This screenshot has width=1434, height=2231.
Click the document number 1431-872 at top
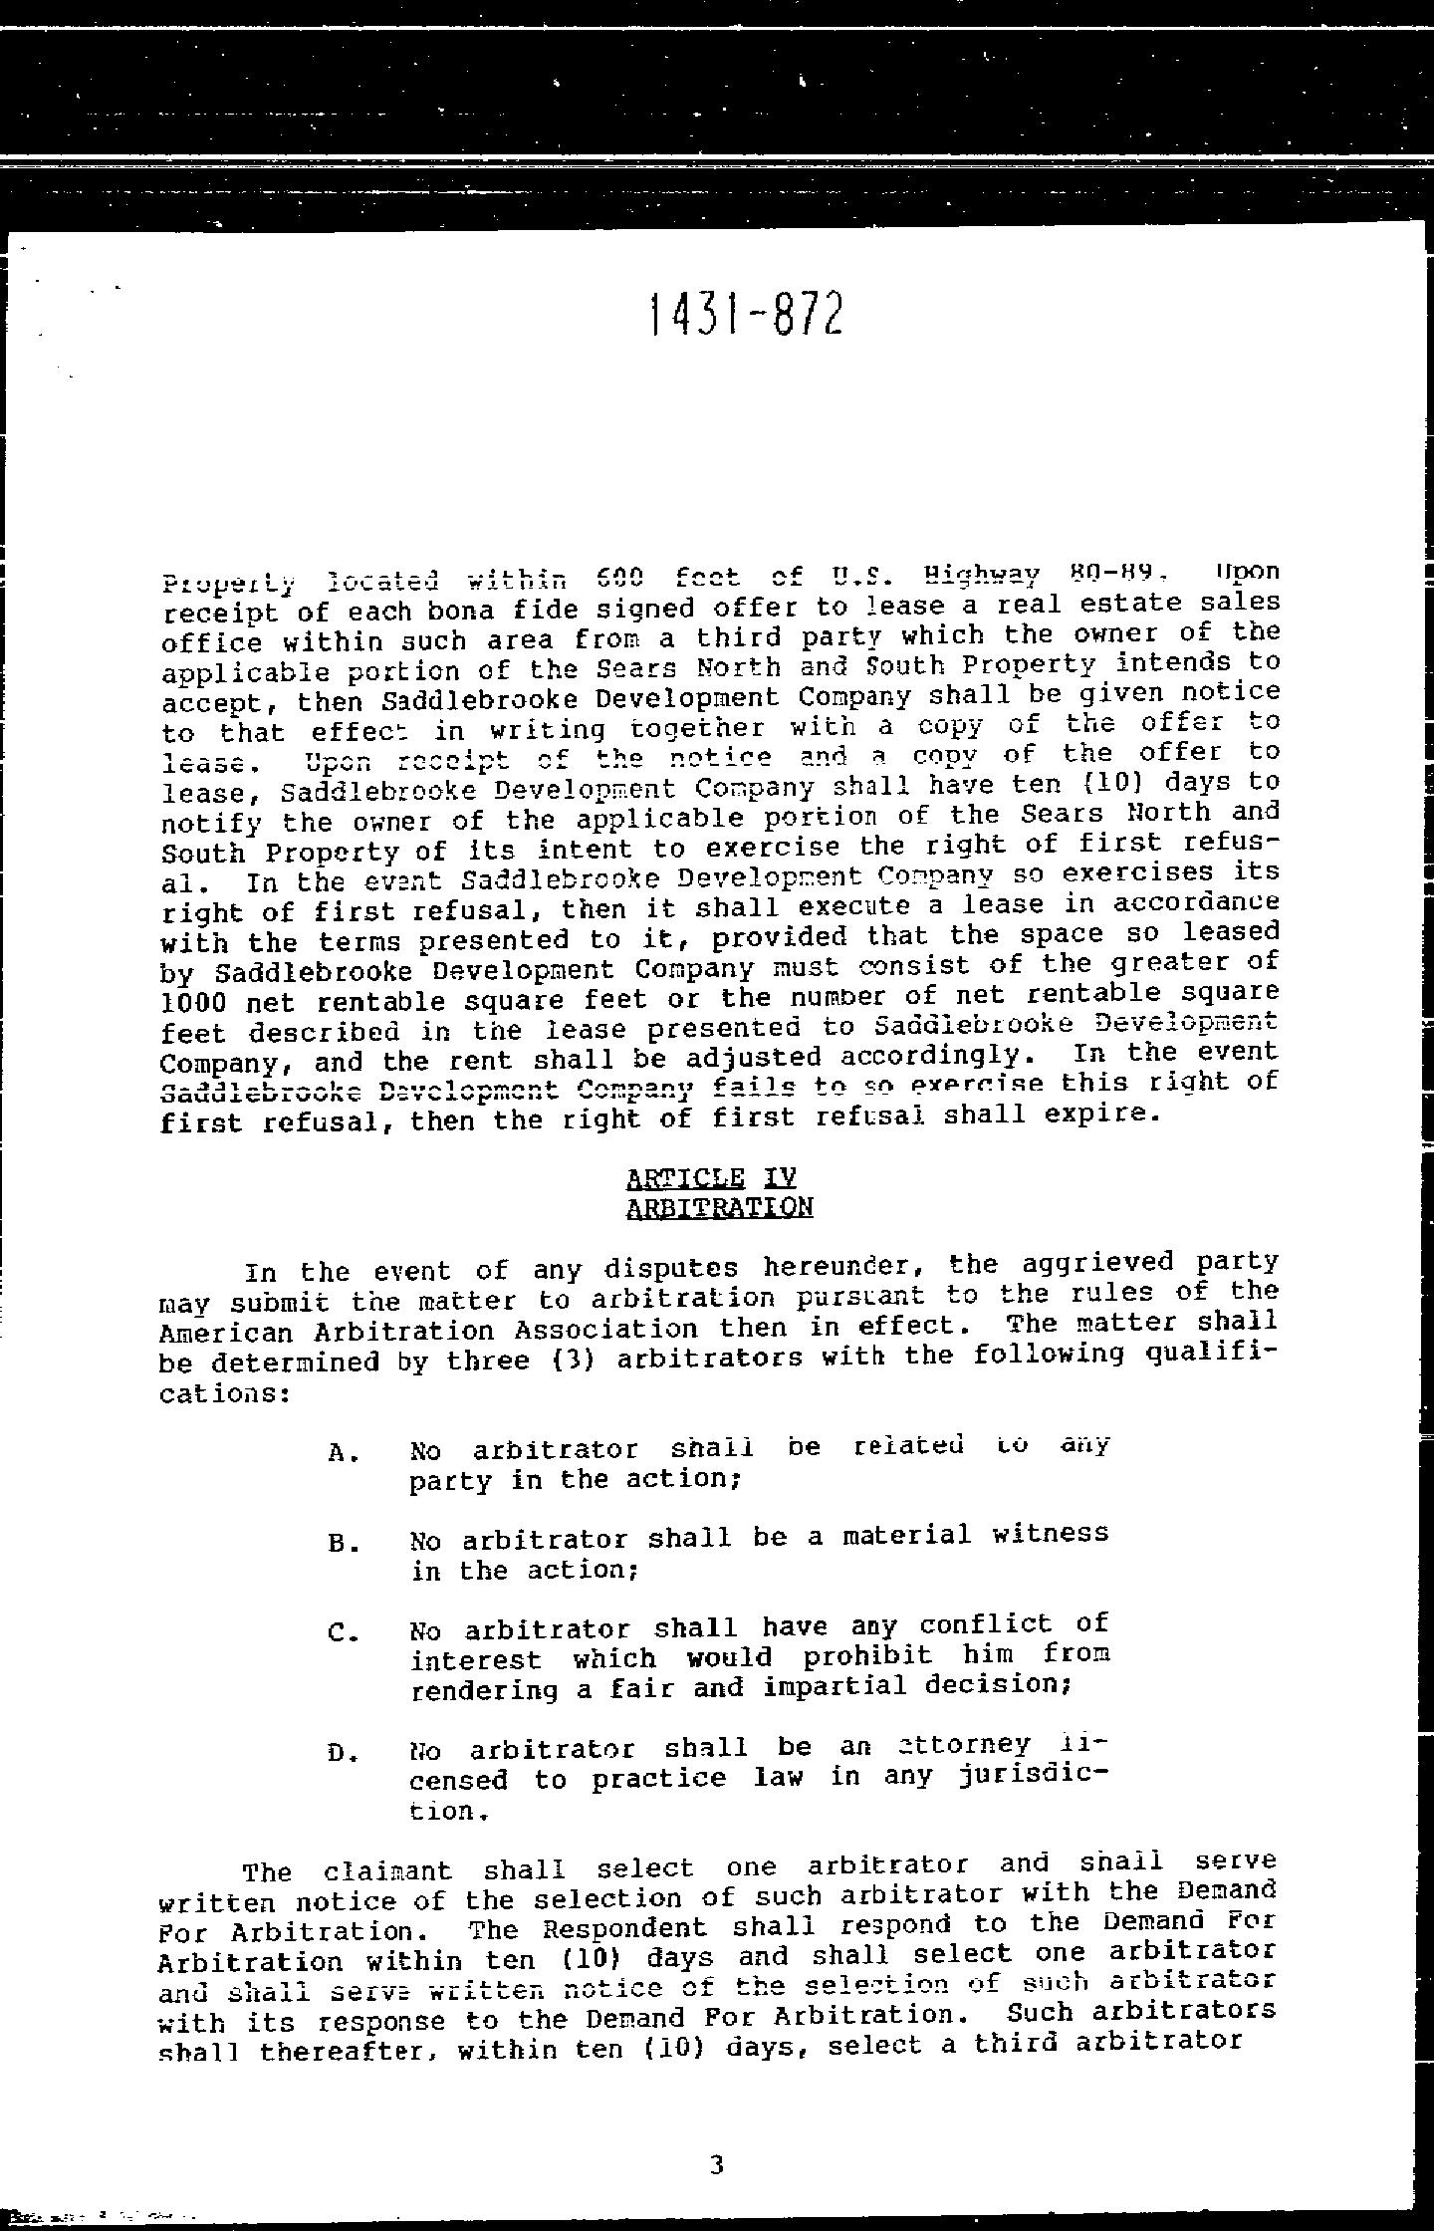coord(745,316)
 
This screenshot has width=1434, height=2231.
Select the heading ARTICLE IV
coord(711,1178)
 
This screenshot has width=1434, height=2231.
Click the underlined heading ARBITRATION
coord(719,1208)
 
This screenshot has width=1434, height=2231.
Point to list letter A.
coord(339,1452)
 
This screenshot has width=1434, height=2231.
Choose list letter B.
coord(339,1544)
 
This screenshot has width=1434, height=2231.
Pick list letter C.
coord(339,1634)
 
